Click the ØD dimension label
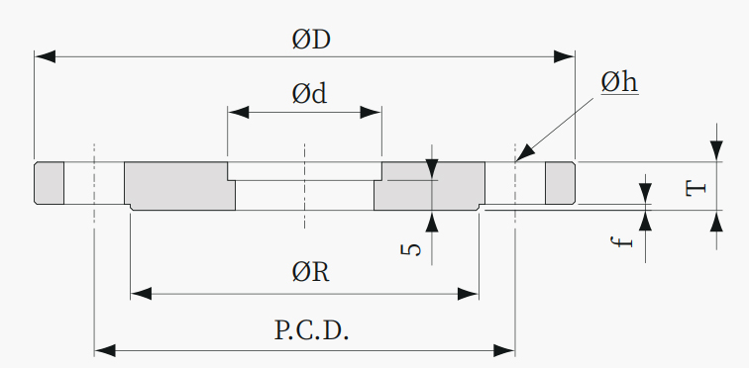click(x=311, y=40)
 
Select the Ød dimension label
click(x=309, y=93)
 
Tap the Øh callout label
click(x=619, y=83)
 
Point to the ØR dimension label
click(x=310, y=273)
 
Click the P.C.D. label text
click(x=311, y=329)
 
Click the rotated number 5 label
click(x=411, y=249)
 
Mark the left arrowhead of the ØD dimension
click(x=45, y=56)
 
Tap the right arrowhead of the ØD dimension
click(x=564, y=56)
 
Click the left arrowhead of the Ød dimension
click(x=239, y=113)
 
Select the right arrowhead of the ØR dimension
click(x=468, y=294)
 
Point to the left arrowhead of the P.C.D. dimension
click(x=105, y=351)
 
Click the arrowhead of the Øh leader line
click(x=526, y=153)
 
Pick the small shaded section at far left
click(x=50, y=183)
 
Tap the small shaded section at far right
click(x=561, y=183)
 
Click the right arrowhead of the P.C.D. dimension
click(x=504, y=351)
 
